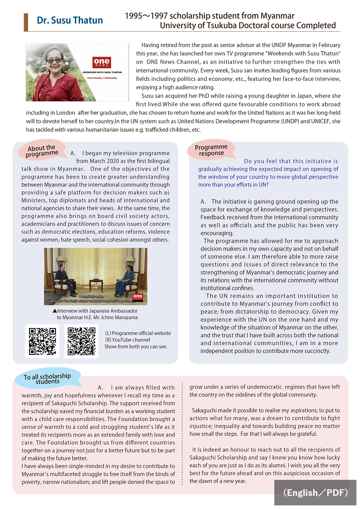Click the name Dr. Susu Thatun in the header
[70, 21]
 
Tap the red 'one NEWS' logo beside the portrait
[102, 62]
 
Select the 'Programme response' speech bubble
[211, 150]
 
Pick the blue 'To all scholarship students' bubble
[48, 378]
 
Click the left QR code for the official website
[42, 341]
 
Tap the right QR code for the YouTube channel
[82, 341]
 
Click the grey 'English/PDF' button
[315, 492]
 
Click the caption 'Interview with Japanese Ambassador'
[97, 311]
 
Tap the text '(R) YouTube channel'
[127, 340]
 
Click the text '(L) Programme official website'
[138, 333]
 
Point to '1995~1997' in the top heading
[146, 16]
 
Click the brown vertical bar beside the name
[26, 22]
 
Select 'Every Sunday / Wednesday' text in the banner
[102, 78]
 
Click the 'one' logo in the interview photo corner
[138, 297]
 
